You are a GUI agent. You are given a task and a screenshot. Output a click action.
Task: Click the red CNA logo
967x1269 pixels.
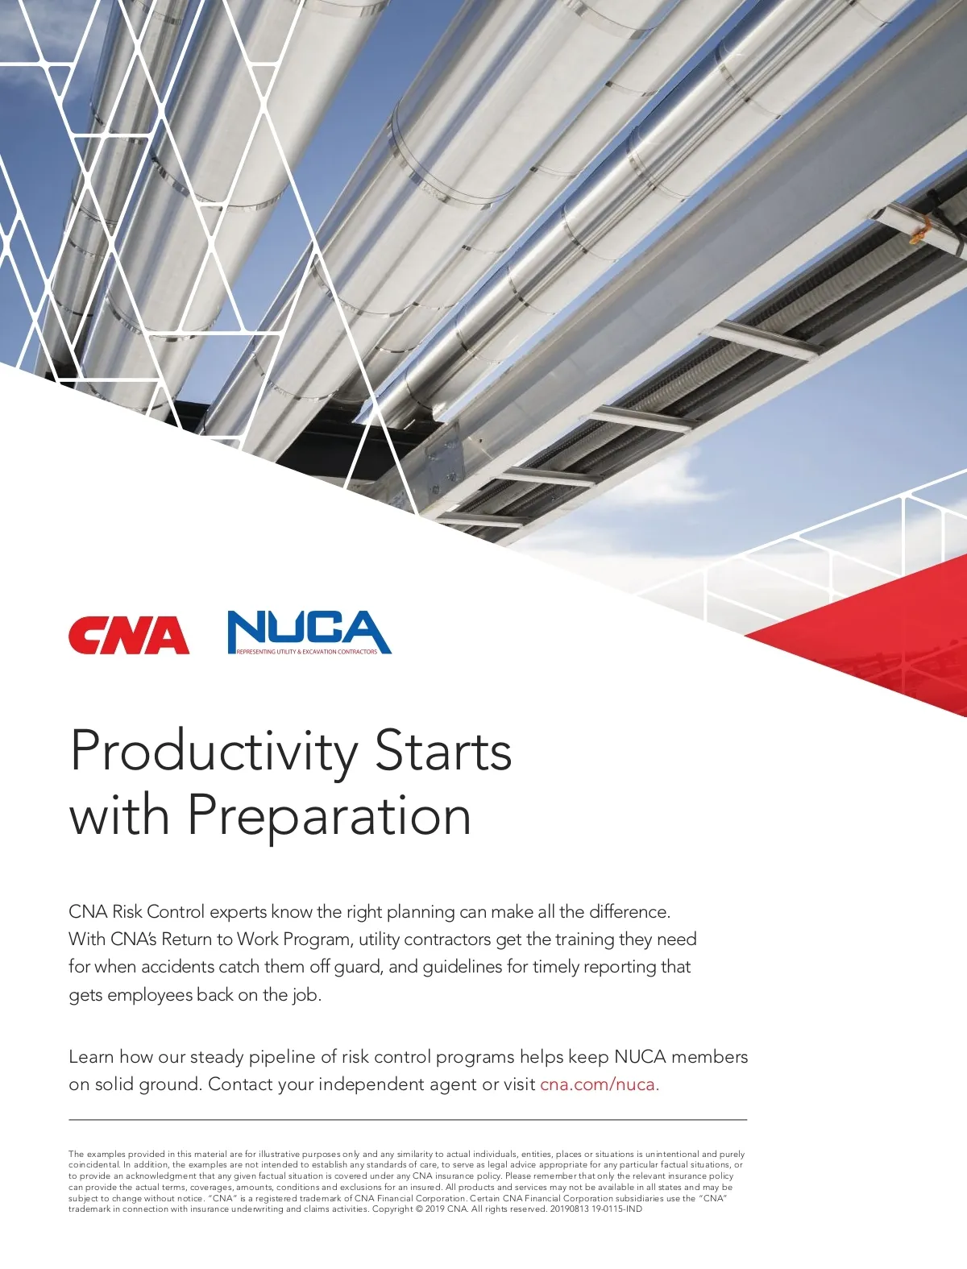pyautogui.click(x=129, y=635)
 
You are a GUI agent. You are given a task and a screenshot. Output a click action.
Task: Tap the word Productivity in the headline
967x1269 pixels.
pyautogui.click(x=214, y=753)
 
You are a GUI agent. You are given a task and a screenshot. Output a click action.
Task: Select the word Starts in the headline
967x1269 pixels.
pyautogui.click(x=443, y=753)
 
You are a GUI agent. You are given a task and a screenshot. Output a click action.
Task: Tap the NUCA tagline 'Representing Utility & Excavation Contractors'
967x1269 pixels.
pyautogui.click(x=307, y=652)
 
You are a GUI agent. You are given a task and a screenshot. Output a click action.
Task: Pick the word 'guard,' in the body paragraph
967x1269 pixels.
pyautogui.click(x=359, y=968)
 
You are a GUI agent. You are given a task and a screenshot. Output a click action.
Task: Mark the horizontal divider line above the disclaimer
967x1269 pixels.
pyautogui.click(x=408, y=1120)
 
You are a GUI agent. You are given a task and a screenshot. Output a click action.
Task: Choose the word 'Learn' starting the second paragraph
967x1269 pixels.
pyautogui.click(x=91, y=1057)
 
